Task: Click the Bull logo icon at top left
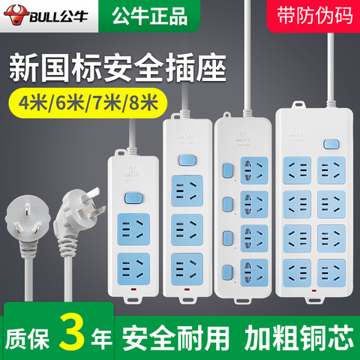click(16, 16)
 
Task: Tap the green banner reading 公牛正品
click(149, 16)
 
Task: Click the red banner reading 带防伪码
click(314, 16)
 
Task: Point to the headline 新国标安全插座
click(118, 67)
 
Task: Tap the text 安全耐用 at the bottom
click(175, 337)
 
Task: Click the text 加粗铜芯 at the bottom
click(299, 337)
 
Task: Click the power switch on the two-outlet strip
click(134, 199)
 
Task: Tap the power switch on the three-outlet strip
click(187, 160)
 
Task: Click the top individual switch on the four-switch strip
click(227, 171)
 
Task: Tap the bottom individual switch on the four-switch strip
click(227, 272)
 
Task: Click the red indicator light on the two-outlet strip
click(133, 290)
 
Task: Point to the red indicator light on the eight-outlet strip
click(313, 291)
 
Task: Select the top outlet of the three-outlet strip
click(187, 190)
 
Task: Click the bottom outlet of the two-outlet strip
click(133, 268)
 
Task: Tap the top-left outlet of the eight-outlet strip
click(297, 170)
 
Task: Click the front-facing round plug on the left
click(27, 218)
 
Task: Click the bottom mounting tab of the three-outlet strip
click(187, 299)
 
